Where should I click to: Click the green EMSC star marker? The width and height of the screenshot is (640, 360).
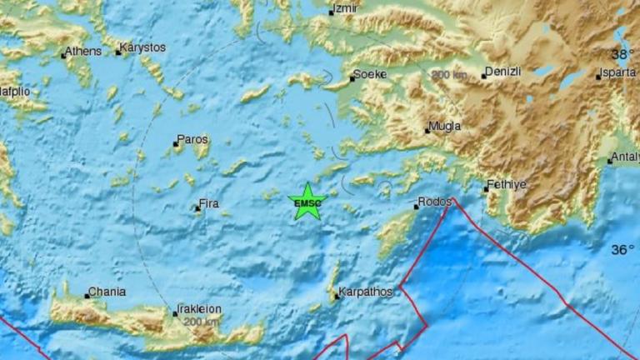(x=307, y=202)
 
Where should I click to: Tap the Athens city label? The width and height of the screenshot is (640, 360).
(x=82, y=52)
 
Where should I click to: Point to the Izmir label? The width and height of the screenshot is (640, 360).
(x=344, y=9)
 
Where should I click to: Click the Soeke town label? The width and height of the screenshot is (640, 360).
(x=369, y=74)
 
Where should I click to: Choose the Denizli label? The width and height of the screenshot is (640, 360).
(x=503, y=72)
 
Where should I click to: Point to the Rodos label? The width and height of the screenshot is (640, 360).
(x=436, y=202)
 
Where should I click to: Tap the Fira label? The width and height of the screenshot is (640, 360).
(x=208, y=202)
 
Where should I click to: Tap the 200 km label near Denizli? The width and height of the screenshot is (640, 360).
(x=448, y=75)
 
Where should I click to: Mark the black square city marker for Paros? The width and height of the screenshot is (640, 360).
(x=176, y=144)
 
